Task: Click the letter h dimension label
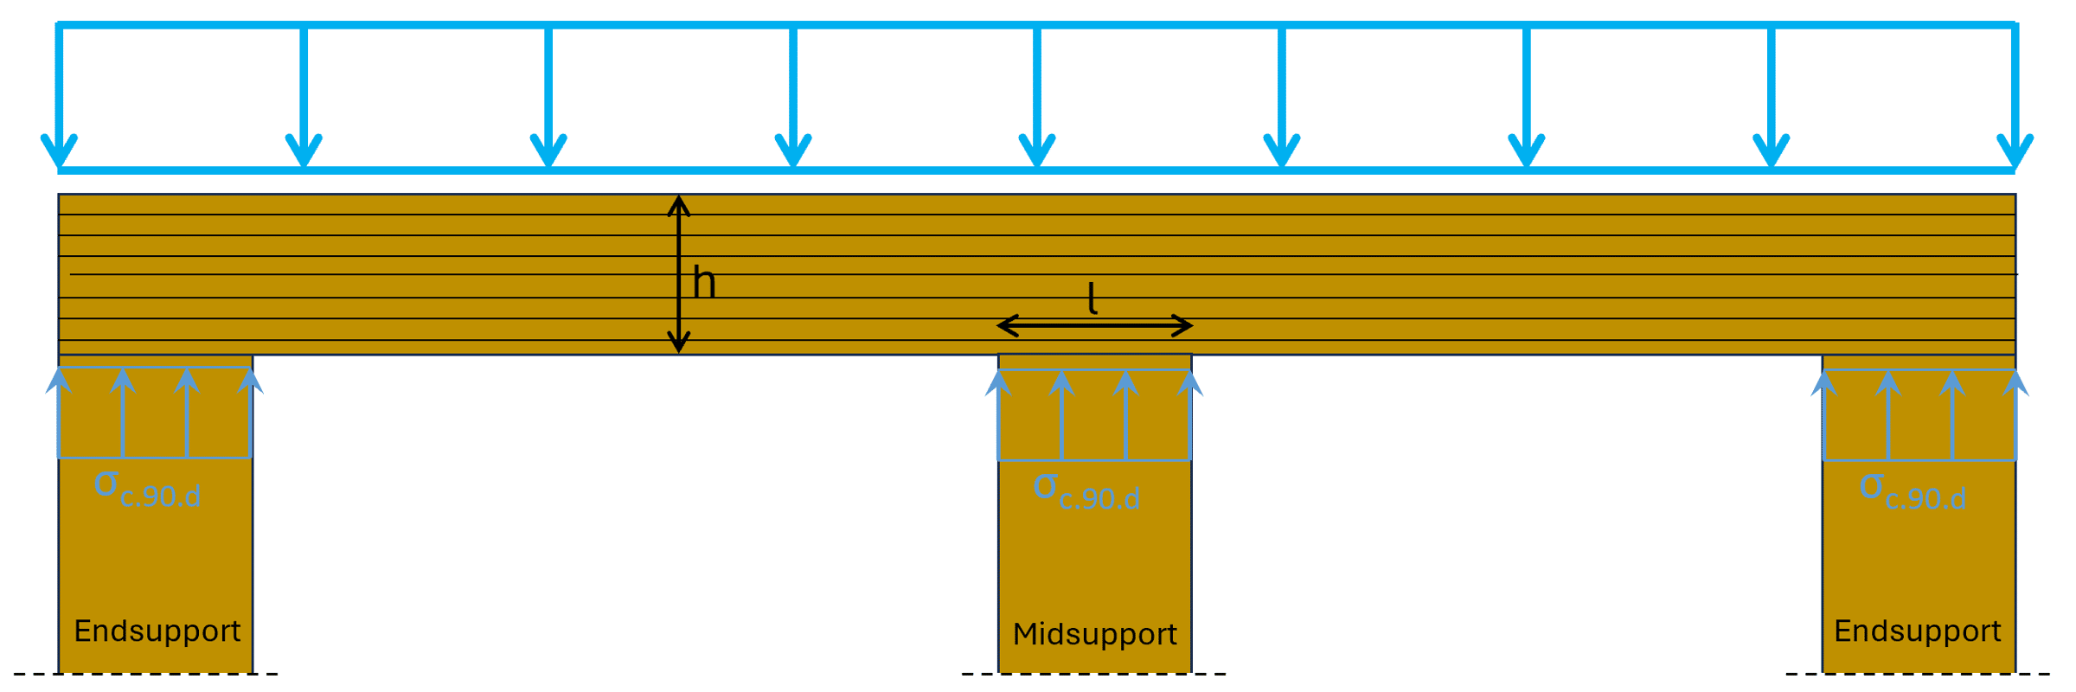click(705, 283)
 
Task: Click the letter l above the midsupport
click(1092, 298)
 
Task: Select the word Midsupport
click(1094, 634)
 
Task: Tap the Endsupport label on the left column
click(157, 631)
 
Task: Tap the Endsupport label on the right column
click(1918, 631)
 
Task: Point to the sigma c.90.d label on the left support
click(148, 490)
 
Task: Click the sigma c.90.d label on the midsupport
click(1086, 492)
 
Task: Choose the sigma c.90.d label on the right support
click(1913, 492)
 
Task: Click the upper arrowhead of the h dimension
click(679, 203)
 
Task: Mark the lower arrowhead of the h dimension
click(679, 344)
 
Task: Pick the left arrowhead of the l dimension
click(1007, 326)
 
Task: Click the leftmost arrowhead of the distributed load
click(59, 152)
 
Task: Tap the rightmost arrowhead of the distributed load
click(2015, 152)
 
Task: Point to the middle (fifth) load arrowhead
click(1037, 152)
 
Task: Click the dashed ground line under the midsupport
click(1094, 674)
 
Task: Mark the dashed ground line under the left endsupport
click(145, 674)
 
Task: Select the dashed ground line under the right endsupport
click(1918, 674)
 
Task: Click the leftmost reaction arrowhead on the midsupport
click(998, 382)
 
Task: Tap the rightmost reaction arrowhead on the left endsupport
click(250, 381)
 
